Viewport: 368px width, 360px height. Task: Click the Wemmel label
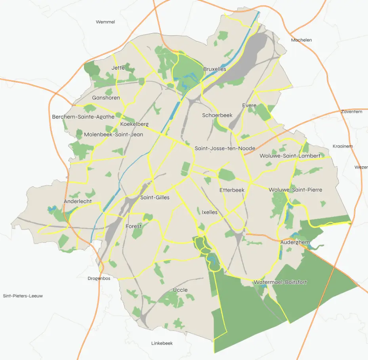point(105,22)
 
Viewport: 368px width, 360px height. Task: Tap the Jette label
point(118,68)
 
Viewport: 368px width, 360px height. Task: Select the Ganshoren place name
point(106,98)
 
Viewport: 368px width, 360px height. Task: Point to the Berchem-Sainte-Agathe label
point(83,117)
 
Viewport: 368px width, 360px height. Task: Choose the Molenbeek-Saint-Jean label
point(113,135)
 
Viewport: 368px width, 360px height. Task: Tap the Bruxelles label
point(215,69)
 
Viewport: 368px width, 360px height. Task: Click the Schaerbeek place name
point(217,115)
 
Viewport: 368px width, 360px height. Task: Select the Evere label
point(249,105)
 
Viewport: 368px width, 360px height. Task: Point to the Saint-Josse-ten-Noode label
point(225,149)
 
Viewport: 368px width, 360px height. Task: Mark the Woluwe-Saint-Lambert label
point(290,156)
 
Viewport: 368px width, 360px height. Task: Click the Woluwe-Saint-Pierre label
point(296,190)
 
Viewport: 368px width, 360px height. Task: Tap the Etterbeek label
point(232,190)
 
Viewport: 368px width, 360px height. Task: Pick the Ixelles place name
point(210,212)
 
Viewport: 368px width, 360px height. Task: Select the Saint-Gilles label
point(155,198)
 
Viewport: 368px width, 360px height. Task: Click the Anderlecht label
point(78,202)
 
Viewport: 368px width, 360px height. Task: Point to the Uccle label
point(180,290)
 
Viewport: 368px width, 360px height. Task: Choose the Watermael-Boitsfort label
point(280,282)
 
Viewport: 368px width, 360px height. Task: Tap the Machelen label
point(301,40)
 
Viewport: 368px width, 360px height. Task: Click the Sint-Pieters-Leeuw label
point(23,296)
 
